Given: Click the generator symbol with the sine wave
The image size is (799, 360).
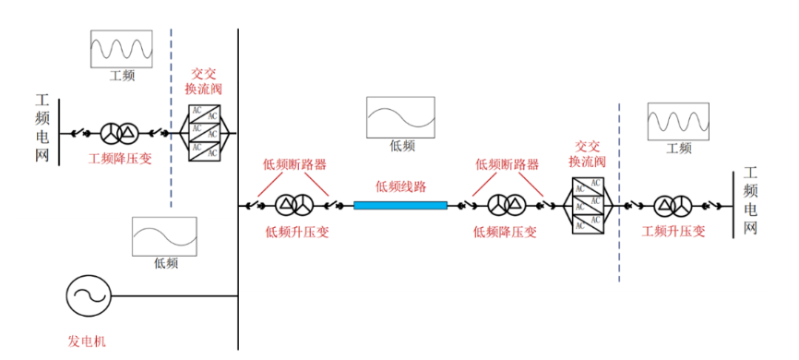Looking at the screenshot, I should [89, 296].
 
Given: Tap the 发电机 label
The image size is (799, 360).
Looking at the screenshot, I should [88, 341].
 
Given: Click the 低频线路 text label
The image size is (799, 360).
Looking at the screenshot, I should [401, 186].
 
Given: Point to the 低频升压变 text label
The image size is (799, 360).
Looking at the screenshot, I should [297, 232].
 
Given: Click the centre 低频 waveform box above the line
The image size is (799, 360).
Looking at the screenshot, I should [401, 117].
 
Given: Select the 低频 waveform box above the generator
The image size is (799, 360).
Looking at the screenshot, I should [164, 236].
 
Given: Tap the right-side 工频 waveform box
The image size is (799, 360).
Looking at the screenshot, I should [678, 121].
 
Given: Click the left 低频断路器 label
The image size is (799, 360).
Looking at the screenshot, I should [294, 164].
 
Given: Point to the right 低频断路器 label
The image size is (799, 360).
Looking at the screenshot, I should [507, 164].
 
